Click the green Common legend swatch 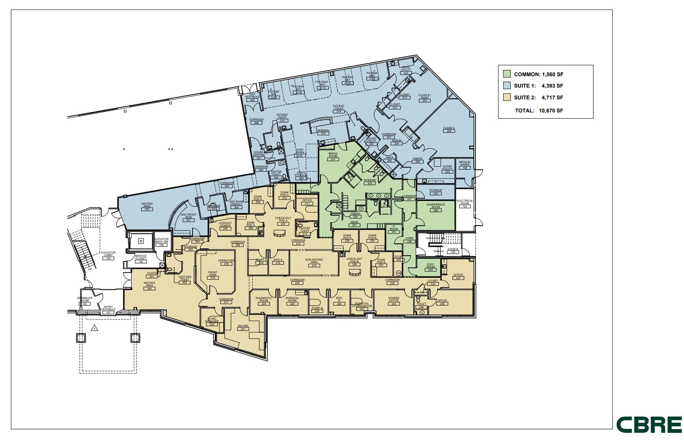pyautogui.click(x=507, y=74)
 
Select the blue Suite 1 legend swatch pyautogui.click(x=507, y=86)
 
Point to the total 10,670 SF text pyautogui.click(x=539, y=111)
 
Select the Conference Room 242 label pyautogui.click(x=436, y=207)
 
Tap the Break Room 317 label pyautogui.click(x=333, y=157)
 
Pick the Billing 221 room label pyautogui.click(x=243, y=328)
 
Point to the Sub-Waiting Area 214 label pyautogui.click(x=314, y=263)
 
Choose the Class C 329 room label pyautogui.click(x=449, y=129)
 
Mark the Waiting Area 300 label pyautogui.click(x=147, y=206)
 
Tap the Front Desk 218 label pyautogui.click(x=213, y=275)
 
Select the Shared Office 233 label pyautogui.click(x=394, y=301)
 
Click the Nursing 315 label pyautogui.click(x=323, y=132)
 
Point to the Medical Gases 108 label pyautogui.click(x=465, y=165)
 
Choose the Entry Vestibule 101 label pyautogui.click(x=108, y=310)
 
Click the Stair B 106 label pyautogui.click(x=453, y=251)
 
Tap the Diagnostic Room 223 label pyautogui.click(x=264, y=301)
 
